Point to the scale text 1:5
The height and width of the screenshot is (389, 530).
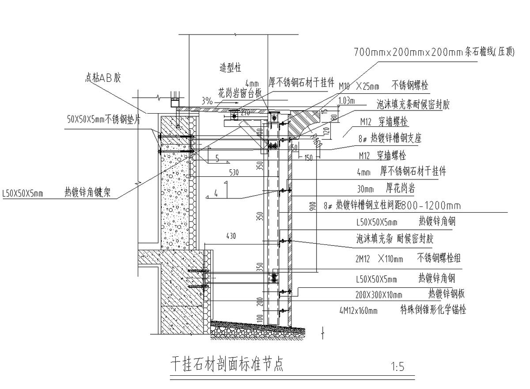(x=397, y=366)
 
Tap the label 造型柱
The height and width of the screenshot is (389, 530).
(x=230, y=68)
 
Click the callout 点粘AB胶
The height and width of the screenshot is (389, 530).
(x=102, y=78)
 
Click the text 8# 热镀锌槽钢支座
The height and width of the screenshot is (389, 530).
(x=390, y=138)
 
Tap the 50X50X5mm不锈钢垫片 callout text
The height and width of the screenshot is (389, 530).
(x=104, y=119)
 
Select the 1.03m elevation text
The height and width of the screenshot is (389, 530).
(x=347, y=101)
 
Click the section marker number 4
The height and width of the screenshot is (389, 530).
(x=216, y=193)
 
